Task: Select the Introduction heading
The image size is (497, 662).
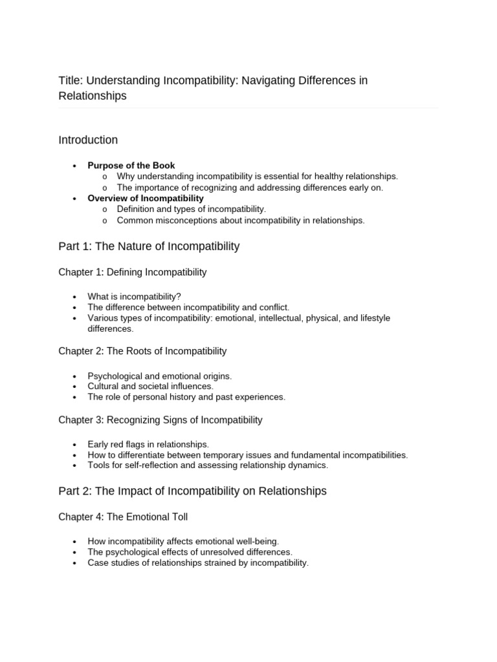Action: tap(88, 140)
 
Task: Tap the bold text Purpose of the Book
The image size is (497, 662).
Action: tap(131, 165)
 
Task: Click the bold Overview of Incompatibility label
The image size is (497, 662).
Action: tap(146, 198)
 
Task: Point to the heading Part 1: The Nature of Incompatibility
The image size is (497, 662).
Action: tap(149, 246)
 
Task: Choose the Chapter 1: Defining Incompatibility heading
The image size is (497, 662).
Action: tap(133, 272)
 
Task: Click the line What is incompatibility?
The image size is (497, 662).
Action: tap(134, 297)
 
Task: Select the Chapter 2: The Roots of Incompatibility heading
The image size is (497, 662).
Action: tap(142, 351)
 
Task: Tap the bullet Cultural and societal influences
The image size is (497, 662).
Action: tap(150, 386)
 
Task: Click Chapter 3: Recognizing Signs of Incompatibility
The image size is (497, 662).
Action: tap(160, 420)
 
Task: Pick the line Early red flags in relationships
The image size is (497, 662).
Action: tap(148, 444)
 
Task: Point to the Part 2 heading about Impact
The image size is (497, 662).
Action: tap(192, 491)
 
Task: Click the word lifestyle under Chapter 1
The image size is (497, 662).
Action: tap(375, 318)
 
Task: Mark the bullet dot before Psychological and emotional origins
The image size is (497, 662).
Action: tap(75, 376)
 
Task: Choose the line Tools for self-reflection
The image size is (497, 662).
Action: tap(208, 465)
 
